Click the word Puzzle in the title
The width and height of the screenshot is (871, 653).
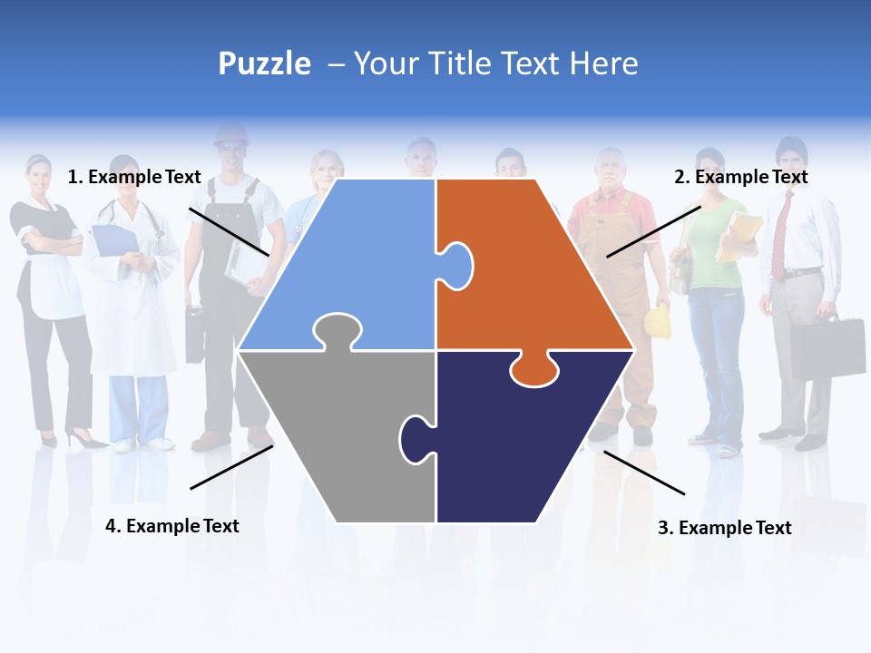pyautogui.click(x=264, y=63)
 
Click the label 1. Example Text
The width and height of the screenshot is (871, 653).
pyautogui.click(x=134, y=177)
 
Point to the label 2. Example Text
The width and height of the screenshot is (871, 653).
pyautogui.click(x=740, y=177)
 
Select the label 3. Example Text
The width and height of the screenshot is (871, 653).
pyautogui.click(x=724, y=528)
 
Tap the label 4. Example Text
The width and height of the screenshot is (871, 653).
pyautogui.click(x=171, y=526)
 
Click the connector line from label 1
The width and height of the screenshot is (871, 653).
pyautogui.click(x=229, y=232)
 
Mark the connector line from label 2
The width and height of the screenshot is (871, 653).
pyautogui.click(x=653, y=231)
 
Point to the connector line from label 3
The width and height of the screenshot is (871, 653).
pyautogui.click(x=644, y=473)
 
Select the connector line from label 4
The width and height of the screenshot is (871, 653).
pyautogui.click(x=231, y=467)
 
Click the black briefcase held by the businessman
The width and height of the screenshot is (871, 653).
pyautogui.click(x=827, y=348)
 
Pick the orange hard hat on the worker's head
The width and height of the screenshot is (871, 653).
pyautogui.click(x=230, y=134)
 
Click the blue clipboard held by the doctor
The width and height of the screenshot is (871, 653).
pyautogui.click(x=114, y=240)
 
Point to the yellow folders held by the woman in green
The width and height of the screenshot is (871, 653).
pyautogui.click(x=738, y=238)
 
